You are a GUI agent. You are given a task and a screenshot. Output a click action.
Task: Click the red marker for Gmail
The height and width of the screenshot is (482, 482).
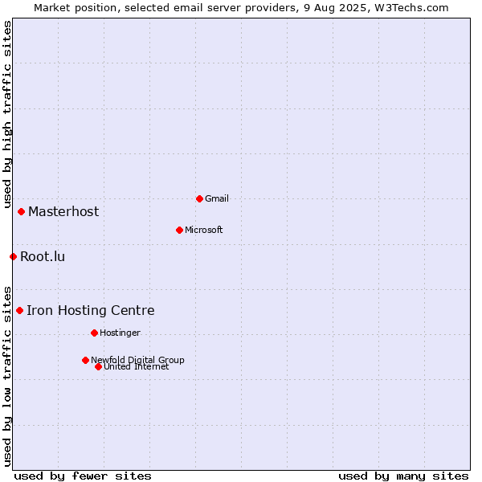tap(199, 199)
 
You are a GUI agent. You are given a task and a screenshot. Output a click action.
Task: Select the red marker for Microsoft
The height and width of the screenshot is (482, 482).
tap(179, 230)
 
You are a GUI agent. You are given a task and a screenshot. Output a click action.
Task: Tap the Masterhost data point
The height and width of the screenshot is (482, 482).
tap(21, 211)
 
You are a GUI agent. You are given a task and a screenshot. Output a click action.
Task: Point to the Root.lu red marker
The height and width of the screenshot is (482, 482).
tap(13, 256)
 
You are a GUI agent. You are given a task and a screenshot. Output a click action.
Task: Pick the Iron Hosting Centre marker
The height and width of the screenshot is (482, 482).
tap(19, 310)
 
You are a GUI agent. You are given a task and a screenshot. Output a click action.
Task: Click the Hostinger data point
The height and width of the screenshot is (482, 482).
tap(94, 333)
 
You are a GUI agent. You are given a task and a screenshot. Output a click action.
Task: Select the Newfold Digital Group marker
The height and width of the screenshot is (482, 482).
tap(85, 360)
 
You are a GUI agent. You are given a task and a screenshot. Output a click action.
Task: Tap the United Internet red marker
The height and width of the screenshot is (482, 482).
tap(98, 367)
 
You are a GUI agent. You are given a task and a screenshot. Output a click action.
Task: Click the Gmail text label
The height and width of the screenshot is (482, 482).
tap(217, 198)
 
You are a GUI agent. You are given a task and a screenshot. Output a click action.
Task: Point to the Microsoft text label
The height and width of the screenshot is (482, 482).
tap(204, 230)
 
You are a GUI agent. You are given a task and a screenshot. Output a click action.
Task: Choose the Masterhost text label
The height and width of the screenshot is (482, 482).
tap(63, 211)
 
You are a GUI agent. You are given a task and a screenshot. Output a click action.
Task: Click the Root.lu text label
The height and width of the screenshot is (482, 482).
tap(43, 256)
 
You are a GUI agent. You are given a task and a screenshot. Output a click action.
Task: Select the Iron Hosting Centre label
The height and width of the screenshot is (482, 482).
tap(91, 310)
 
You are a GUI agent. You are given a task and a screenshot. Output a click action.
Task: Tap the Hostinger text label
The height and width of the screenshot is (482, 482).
tap(120, 333)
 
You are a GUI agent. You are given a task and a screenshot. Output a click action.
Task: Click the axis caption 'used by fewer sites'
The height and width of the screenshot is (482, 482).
tap(83, 476)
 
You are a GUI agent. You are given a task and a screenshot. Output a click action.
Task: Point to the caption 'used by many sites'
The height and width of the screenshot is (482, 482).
tap(403, 476)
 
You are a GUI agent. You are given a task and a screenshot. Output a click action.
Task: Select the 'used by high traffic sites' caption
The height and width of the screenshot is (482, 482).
tap(7, 114)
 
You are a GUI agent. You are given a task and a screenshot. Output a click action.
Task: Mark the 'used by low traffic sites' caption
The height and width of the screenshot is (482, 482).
tap(7, 377)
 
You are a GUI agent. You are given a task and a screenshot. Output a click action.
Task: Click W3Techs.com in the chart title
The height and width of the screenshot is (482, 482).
tap(411, 8)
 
